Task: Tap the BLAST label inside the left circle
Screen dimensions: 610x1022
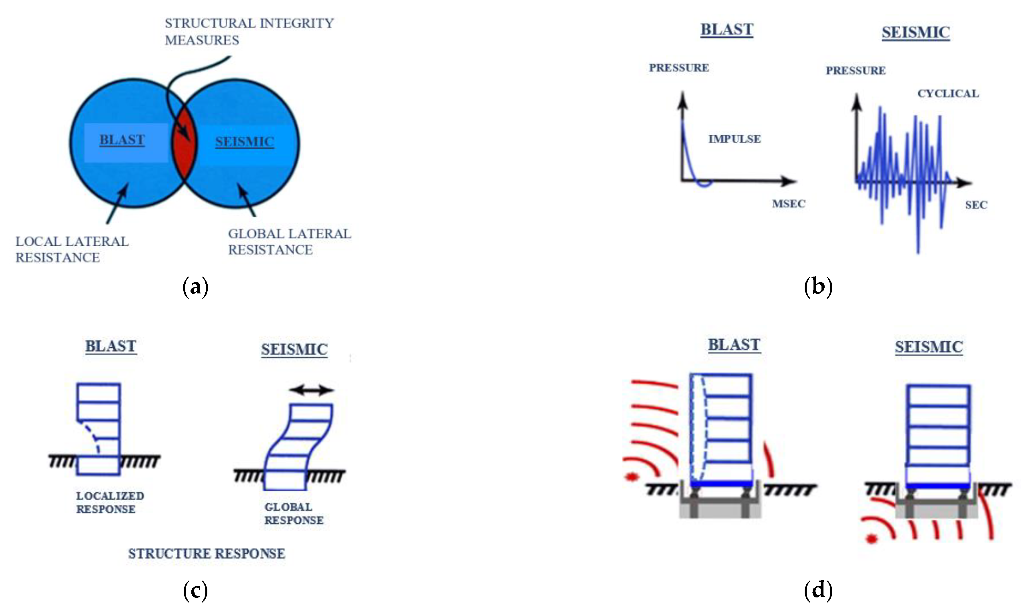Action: [x=122, y=140]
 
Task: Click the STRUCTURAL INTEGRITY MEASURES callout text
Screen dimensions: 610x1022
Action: [x=249, y=32]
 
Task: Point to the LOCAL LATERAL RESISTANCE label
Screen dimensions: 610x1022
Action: [x=72, y=249]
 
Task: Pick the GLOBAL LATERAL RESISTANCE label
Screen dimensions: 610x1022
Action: [x=289, y=242]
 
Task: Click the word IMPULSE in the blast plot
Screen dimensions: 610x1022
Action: [x=734, y=139]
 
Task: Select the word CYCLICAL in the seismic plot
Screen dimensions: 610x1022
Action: [x=948, y=94]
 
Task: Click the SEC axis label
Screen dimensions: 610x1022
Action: [x=976, y=205]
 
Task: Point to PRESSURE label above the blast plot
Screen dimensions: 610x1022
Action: [x=678, y=68]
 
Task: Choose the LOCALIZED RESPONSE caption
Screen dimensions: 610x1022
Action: [x=110, y=502]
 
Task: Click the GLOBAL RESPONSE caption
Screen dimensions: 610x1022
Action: [x=293, y=513]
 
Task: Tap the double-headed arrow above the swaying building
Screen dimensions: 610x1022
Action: [x=311, y=390]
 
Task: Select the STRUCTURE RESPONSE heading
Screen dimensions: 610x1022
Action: [x=206, y=554]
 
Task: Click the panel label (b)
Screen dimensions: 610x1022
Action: [x=818, y=287]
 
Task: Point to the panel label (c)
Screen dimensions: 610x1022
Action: [x=195, y=591]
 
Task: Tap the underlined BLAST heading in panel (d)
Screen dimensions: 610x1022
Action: [x=734, y=345]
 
